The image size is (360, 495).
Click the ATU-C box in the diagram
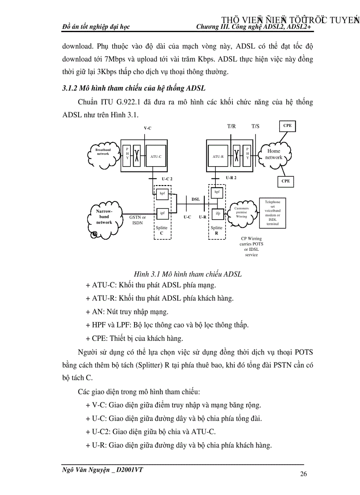(x=156, y=156)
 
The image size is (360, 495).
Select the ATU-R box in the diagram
(x=217, y=156)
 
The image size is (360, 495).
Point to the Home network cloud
(x=274, y=154)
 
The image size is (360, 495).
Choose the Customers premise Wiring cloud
(x=241, y=212)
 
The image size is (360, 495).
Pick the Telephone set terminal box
(x=272, y=213)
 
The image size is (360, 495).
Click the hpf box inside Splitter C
(x=162, y=193)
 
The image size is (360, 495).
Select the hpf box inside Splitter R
(x=217, y=192)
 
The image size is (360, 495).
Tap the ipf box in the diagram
(x=162, y=213)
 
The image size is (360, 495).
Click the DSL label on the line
(x=195, y=199)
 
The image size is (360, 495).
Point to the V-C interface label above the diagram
(x=147, y=128)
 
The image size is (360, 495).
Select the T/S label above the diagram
(x=255, y=126)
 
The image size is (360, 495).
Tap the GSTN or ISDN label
(x=137, y=220)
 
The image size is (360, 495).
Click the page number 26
(x=303, y=474)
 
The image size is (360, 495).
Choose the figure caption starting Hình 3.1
(x=187, y=274)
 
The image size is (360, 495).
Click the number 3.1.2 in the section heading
(x=69, y=89)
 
